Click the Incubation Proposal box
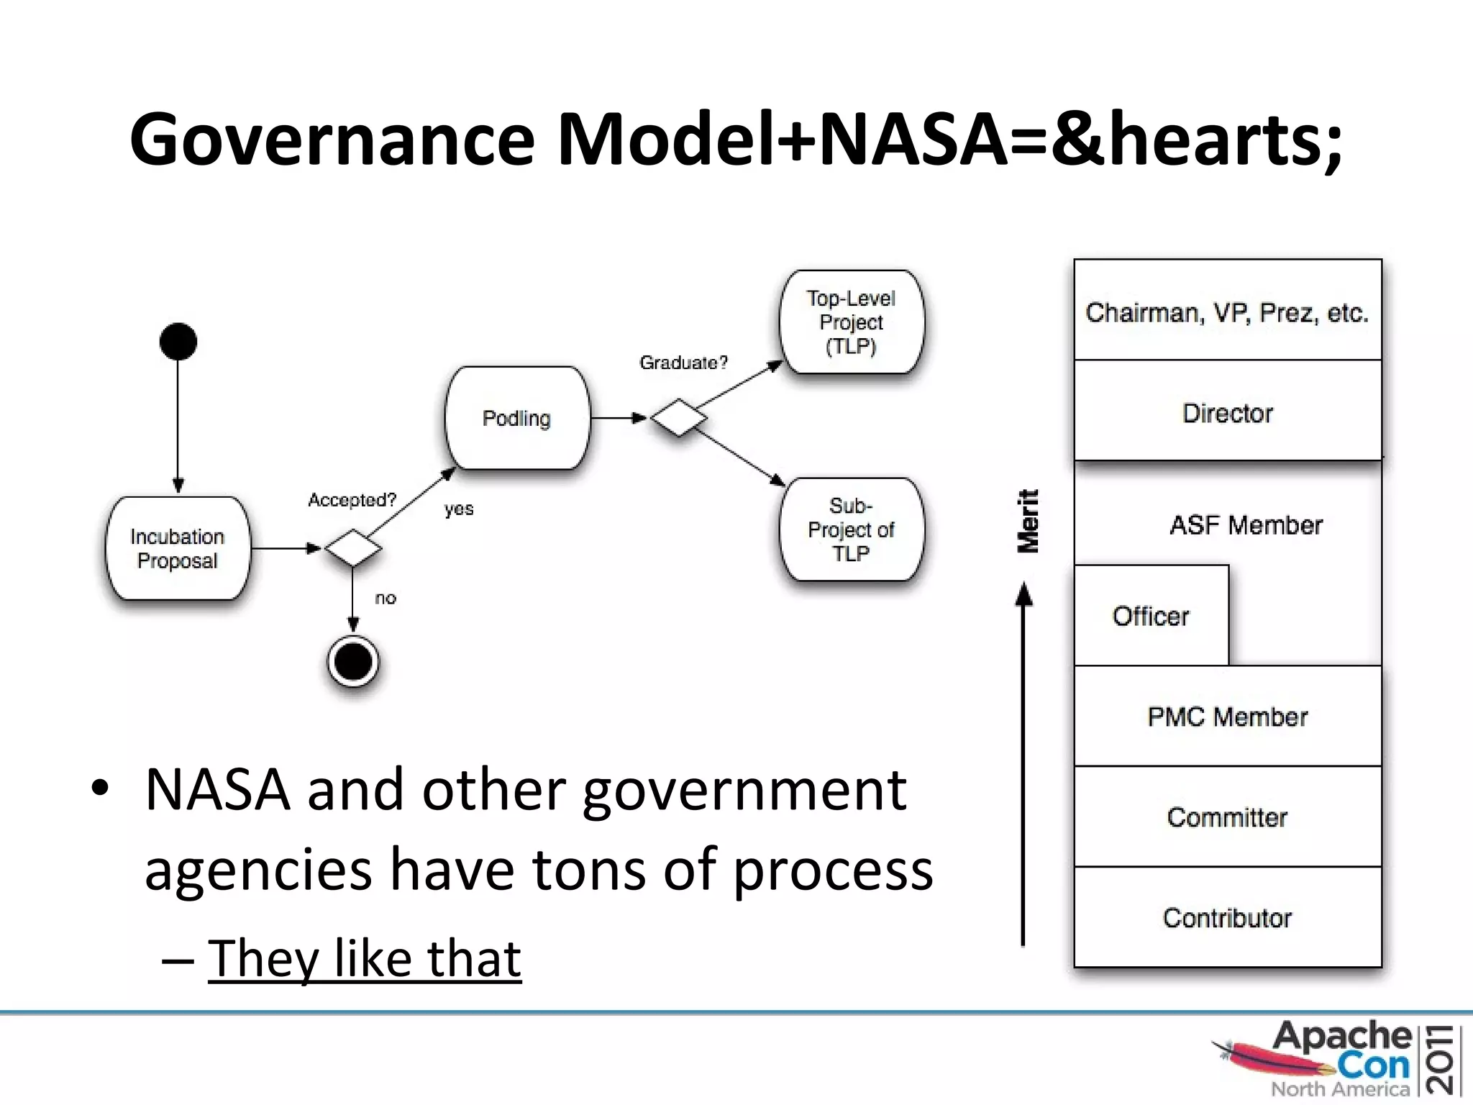(x=178, y=548)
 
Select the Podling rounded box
(x=516, y=418)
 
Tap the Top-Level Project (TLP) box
(x=851, y=322)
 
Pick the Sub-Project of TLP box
(x=851, y=529)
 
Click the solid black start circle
(x=178, y=341)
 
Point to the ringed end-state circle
(x=352, y=661)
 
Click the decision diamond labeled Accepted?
(x=352, y=548)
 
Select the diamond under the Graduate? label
(x=678, y=418)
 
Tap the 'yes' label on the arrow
(x=459, y=509)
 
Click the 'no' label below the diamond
(x=386, y=598)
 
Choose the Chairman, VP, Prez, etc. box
(x=1227, y=312)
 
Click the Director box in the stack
(x=1227, y=412)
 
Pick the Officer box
(x=1151, y=616)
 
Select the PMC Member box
(x=1227, y=717)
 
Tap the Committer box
(x=1227, y=817)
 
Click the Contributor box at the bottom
(x=1227, y=917)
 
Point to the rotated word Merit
(x=1029, y=521)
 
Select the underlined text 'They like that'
(x=364, y=958)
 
